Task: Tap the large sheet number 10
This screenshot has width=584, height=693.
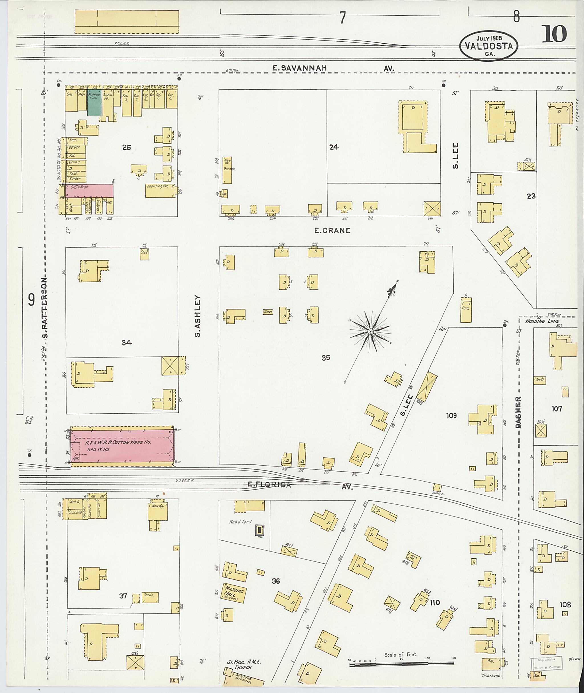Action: [x=554, y=34]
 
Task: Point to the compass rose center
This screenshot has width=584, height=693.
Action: [x=370, y=332]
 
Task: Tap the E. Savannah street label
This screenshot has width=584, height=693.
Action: [x=300, y=68]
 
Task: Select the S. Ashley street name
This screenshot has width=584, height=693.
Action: [x=198, y=316]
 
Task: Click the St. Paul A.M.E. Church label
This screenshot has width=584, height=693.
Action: [x=244, y=662]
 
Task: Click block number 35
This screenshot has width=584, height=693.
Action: [x=325, y=357]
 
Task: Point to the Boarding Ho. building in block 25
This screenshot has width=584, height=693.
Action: [x=160, y=191]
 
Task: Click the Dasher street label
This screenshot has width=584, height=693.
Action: [x=518, y=413]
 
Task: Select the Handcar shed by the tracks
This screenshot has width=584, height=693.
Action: [x=437, y=487]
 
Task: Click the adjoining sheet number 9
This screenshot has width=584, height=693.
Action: [x=31, y=300]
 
